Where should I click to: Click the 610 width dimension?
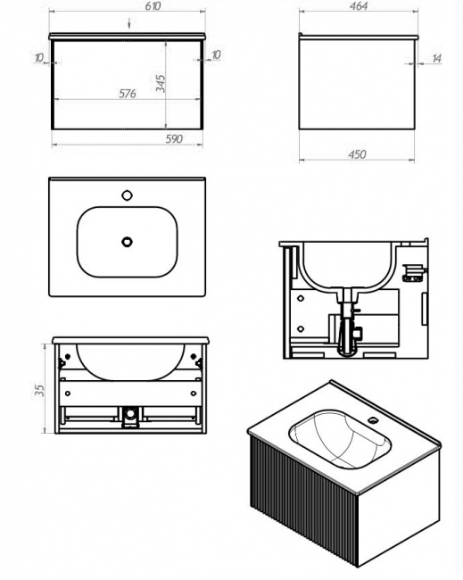pyautogui.click(x=153, y=6)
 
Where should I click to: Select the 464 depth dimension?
pyautogui.click(x=359, y=6)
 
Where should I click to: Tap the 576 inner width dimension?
pyautogui.click(x=128, y=94)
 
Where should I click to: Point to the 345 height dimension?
pyautogui.click(x=160, y=83)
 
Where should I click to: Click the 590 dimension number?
pyautogui.click(x=174, y=139)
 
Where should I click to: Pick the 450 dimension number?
pyautogui.click(x=357, y=154)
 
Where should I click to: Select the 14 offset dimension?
pyautogui.click(x=436, y=58)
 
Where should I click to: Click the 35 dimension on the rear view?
pyautogui.click(x=39, y=391)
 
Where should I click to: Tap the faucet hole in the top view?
pyautogui.click(x=127, y=195)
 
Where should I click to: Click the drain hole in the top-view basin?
pyautogui.click(x=127, y=242)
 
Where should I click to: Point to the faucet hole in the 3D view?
pyautogui.click(x=373, y=420)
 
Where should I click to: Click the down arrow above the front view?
pyautogui.click(x=129, y=23)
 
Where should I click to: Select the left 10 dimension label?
pyautogui.click(x=39, y=58)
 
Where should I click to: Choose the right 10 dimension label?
pyautogui.click(x=216, y=54)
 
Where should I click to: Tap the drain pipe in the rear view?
pyautogui.click(x=130, y=416)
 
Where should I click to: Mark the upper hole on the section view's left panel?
pyautogui.click(x=301, y=299)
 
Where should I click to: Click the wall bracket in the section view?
pyautogui.click(x=414, y=274)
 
